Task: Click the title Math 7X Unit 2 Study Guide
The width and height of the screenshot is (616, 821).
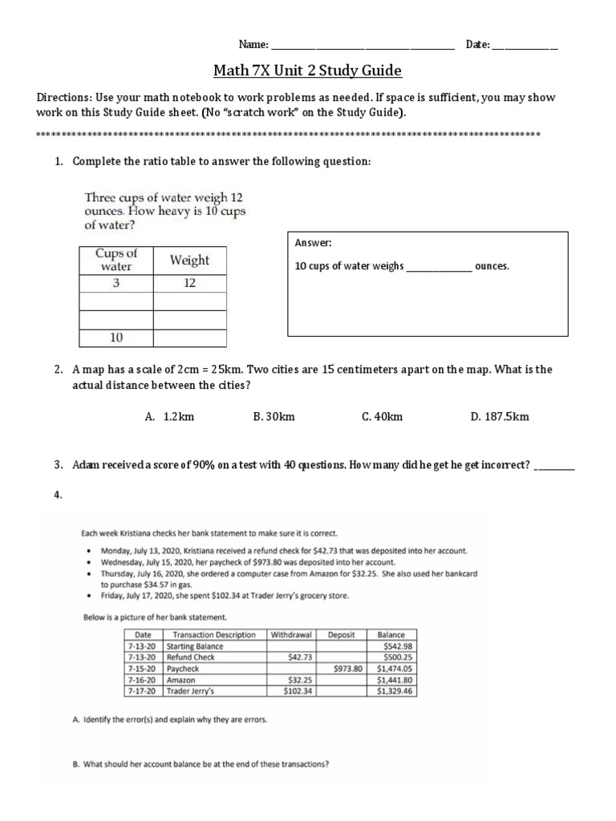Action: (307, 71)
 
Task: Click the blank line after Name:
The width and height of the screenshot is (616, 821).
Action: (363, 47)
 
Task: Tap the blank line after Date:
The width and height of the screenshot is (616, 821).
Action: (525, 47)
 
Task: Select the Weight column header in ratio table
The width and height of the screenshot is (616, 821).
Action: (189, 260)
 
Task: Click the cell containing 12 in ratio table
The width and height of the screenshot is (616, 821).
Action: (189, 283)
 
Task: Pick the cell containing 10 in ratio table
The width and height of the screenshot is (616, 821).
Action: (116, 338)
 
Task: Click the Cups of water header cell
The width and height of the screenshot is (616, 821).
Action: (116, 260)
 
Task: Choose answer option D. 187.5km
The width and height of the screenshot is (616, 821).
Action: (500, 416)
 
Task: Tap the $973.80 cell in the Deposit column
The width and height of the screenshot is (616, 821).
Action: (346, 668)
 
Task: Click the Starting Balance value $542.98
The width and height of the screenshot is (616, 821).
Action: (399, 645)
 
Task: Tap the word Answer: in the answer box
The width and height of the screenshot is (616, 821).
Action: (313, 243)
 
